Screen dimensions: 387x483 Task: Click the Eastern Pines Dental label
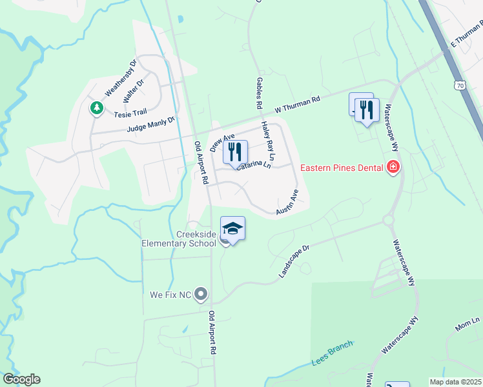[x=342, y=169]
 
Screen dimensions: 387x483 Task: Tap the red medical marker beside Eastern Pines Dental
[x=393, y=169]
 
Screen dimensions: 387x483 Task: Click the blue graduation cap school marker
[x=232, y=228]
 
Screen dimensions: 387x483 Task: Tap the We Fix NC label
[x=170, y=295]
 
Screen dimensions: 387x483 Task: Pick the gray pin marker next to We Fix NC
[x=201, y=295]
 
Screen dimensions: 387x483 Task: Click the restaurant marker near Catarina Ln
[x=235, y=152]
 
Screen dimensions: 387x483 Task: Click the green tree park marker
[x=97, y=108]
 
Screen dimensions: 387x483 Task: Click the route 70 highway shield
[x=459, y=85]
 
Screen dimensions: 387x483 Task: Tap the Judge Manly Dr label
[x=151, y=124]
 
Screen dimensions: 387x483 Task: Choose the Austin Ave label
[x=287, y=203]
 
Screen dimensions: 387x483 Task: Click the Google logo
[x=21, y=379]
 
